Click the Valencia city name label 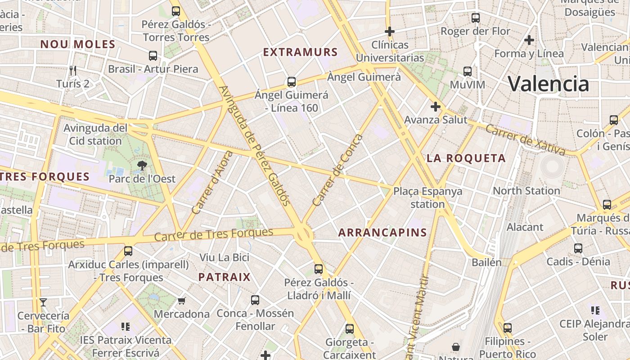coord(548,84)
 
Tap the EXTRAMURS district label coord(300,52)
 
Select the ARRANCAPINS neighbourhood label coord(382,233)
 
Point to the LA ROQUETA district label coord(466,158)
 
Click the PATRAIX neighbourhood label coord(224,277)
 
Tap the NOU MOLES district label coord(78,44)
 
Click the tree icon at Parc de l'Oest coord(142,166)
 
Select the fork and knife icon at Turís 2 coord(73,70)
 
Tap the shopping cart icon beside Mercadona coord(182,301)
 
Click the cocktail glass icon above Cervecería coord(43,302)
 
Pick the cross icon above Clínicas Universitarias coord(390,31)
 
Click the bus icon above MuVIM coord(468,72)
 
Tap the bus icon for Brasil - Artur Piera coord(153,56)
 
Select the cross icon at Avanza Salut coord(435,107)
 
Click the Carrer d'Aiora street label coord(212,182)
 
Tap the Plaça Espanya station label coord(427,198)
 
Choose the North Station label coord(526,191)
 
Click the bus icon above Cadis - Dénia coord(578,248)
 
